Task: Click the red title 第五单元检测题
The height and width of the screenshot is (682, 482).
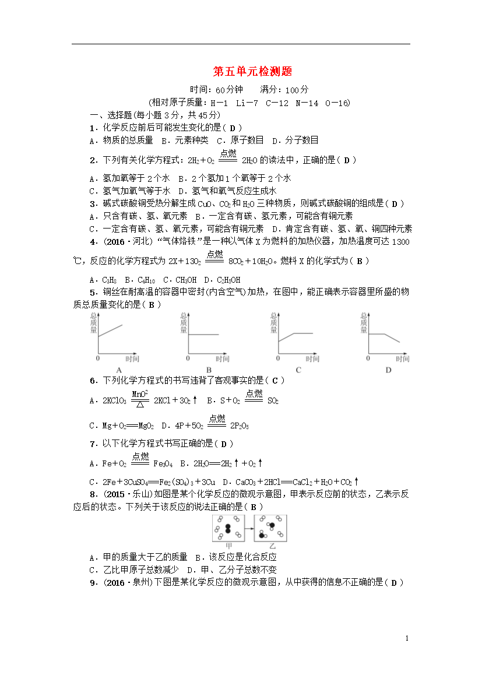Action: pyautogui.click(x=252, y=72)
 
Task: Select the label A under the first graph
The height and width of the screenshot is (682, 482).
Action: pyautogui.click(x=119, y=370)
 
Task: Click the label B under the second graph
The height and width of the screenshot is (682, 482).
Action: pyautogui.click(x=209, y=370)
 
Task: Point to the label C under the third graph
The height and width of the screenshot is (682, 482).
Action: pyautogui.click(x=298, y=370)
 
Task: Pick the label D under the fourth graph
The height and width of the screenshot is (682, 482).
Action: pyautogui.click(x=388, y=370)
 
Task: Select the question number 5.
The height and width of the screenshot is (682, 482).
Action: pyautogui.click(x=93, y=293)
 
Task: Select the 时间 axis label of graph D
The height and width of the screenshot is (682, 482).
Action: pyautogui.click(x=402, y=359)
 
